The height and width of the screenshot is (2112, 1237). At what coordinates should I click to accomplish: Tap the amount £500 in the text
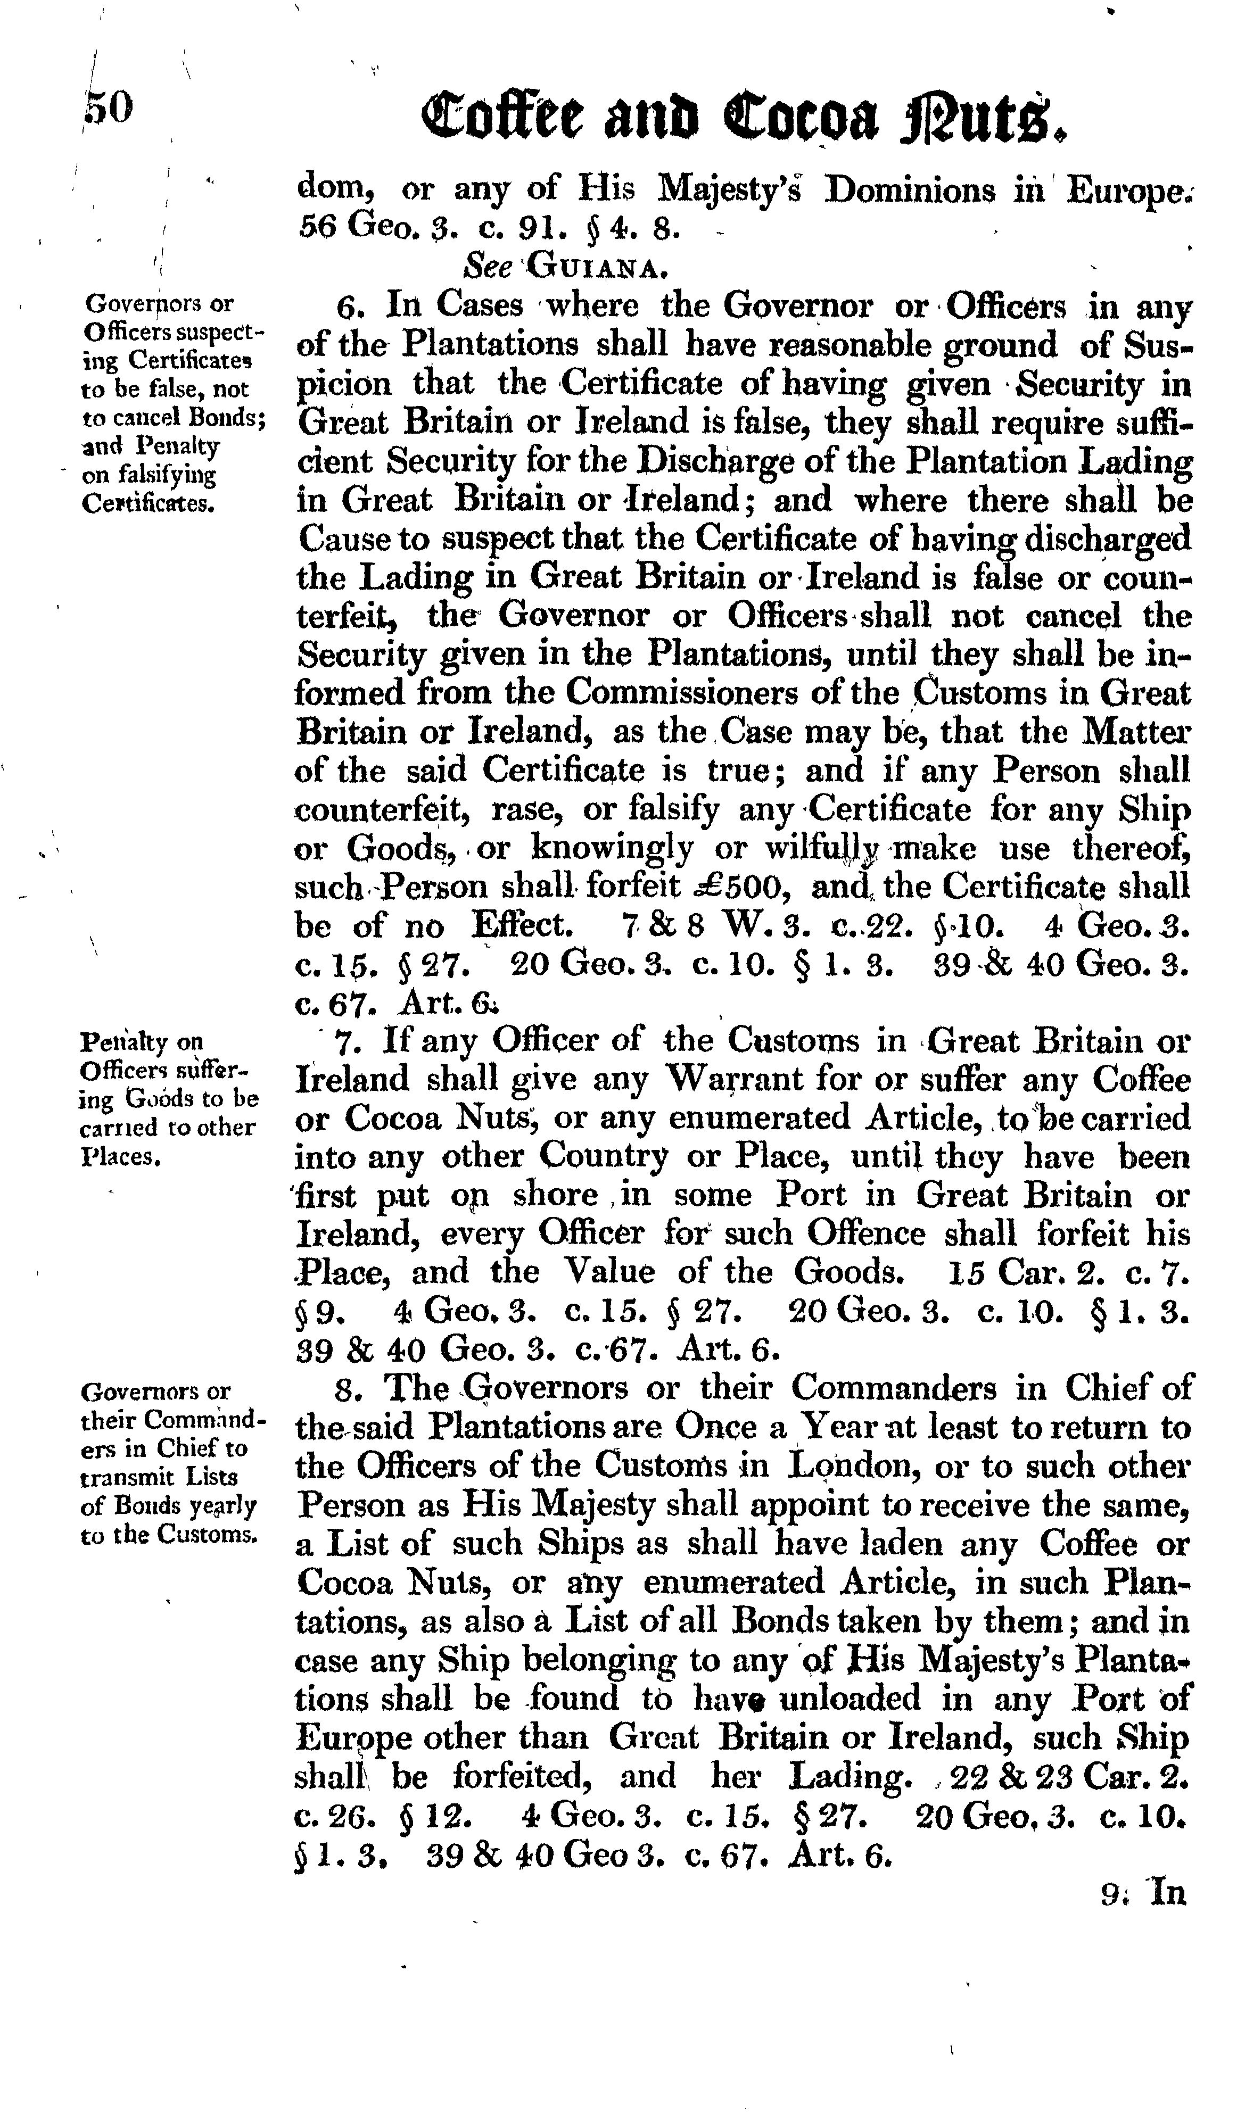(x=738, y=887)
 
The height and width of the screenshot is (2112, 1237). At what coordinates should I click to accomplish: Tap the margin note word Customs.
(x=210, y=1535)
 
